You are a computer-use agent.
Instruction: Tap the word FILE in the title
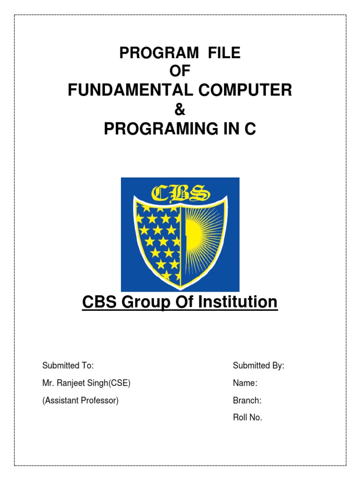click(x=222, y=53)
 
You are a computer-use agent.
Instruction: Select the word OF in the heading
click(x=180, y=72)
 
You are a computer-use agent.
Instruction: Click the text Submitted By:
click(x=259, y=366)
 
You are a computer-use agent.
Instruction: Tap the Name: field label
click(x=245, y=383)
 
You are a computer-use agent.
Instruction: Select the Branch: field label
click(x=247, y=401)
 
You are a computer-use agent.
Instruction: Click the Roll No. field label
click(x=247, y=418)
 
